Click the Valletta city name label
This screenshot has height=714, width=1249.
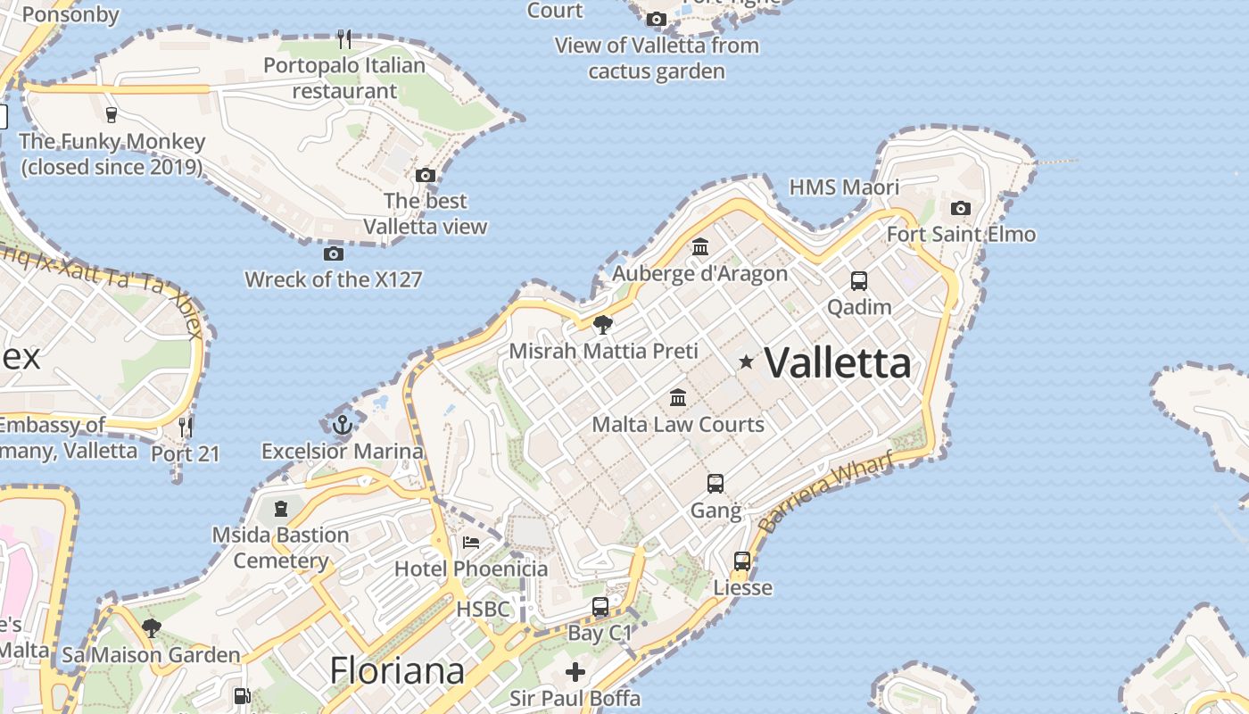point(838,362)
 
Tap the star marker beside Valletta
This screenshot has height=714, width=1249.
point(746,361)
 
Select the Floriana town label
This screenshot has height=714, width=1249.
point(397,670)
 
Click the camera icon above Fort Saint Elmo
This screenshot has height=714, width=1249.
point(960,208)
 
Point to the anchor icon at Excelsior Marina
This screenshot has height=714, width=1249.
point(342,425)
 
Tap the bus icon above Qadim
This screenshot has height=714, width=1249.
point(858,281)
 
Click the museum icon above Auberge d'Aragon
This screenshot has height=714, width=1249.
point(700,246)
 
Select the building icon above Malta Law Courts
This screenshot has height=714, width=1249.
point(678,397)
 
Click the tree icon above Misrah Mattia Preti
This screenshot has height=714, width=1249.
point(603,324)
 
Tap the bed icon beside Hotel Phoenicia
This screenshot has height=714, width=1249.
point(470,542)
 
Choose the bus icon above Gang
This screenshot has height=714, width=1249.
point(715,484)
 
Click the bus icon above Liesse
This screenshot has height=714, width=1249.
point(742,561)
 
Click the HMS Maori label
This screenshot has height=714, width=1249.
point(844,187)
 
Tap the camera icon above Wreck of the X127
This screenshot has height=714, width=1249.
point(333,253)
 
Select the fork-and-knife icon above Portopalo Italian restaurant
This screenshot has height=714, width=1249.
point(344,38)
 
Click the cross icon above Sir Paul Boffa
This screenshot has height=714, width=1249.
point(575,671)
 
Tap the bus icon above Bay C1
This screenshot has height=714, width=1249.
point(600,607)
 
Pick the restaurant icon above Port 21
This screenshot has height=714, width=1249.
point(185,427)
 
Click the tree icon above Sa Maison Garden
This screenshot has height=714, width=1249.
point(151,628)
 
